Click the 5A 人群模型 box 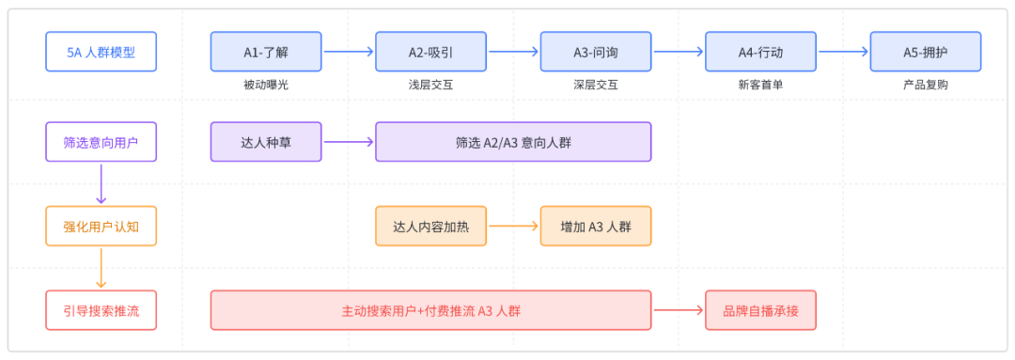tap(101, 52)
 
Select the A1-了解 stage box tap(266, 52)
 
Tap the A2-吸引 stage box tap(431, 52)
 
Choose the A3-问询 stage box tap(596, 52)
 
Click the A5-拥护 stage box tap(926, 52)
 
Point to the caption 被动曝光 tap(266, 85)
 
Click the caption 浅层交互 tap(431, 85)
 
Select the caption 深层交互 tap(596, 85)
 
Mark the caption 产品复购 tap(926, 85)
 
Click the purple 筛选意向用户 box tap(101, 142)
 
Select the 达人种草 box tap(266, 142)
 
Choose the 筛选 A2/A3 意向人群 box tap(513, 142)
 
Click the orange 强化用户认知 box tap(101, 226)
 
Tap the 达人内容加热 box tap(431, 226)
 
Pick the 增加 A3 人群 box tap(596, 226)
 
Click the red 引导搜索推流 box tap(101, 310)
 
